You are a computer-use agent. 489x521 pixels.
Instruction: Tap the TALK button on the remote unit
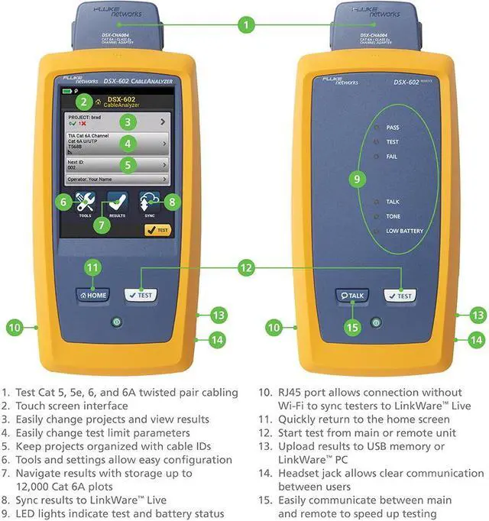[x=352, y=296]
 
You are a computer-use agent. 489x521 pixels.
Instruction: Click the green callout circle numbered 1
[x=245, y=24]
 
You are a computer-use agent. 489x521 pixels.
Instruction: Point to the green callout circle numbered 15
[x=352, y=328]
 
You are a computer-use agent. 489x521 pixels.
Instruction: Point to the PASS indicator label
[x=393, y=128]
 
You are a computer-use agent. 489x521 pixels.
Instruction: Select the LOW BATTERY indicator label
[x=404, y=231]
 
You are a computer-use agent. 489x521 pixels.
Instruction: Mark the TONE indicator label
[x=393, y=216]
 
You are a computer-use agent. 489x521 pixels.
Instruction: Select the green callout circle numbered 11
[x=92, y=267]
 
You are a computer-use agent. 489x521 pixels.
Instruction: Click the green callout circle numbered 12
[x=245, y=267]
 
